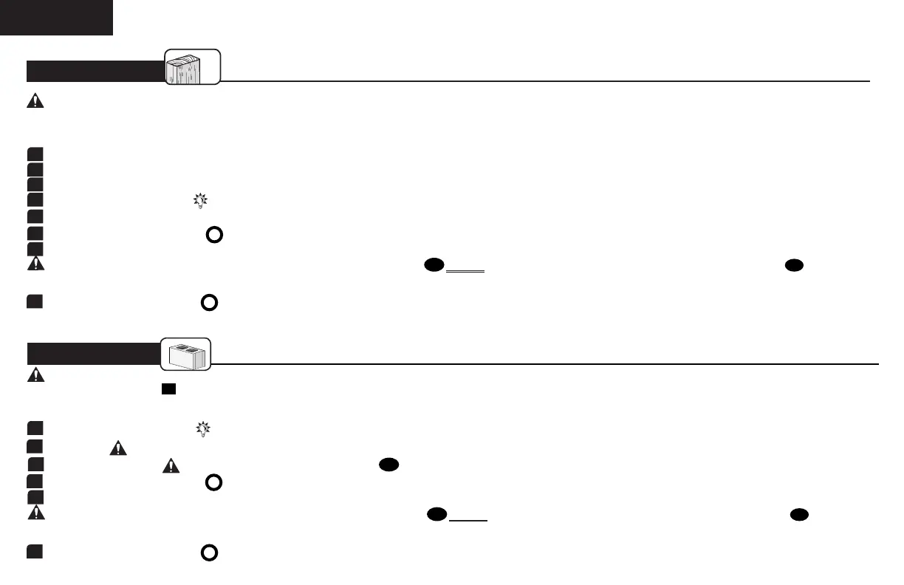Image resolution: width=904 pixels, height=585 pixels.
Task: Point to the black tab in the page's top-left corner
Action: pos(56,17)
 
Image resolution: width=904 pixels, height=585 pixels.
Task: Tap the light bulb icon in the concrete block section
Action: pos(201,428)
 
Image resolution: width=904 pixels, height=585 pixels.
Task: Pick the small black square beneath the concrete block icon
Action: pos(168,389)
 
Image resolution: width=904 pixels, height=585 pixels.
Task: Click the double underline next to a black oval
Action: pos(465,271)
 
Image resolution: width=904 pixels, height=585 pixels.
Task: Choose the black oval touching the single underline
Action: pos(436,515)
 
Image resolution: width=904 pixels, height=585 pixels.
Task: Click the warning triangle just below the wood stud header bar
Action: pos(35,103)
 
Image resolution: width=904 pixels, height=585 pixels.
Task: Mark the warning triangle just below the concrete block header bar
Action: pos(35,374)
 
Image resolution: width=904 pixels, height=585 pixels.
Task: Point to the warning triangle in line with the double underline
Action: pos(35,264)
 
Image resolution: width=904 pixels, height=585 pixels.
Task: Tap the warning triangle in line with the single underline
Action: pos(35,511)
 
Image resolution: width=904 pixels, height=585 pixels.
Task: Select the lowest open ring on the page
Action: pos(209,552)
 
